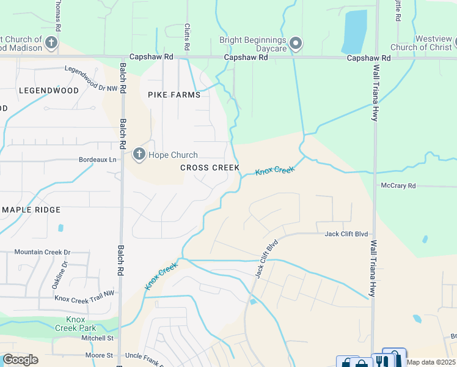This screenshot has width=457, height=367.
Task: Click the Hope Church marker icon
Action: click(139, 154)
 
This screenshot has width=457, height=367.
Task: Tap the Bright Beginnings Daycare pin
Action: click(296, 43)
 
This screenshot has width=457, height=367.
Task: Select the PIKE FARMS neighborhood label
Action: click(174, 95)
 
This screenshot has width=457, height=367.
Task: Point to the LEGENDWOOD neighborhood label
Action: click(49, 91)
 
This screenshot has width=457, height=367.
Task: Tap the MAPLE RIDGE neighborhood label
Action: click(31, 210)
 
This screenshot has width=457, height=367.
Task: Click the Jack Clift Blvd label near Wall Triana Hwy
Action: click(346, 234)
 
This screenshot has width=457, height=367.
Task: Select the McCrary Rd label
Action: click(398, 185)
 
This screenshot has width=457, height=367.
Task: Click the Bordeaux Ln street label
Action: click(97, 160)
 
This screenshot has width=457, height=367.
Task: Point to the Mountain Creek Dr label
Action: click(43, 252)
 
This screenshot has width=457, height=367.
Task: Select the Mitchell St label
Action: click(98, 338)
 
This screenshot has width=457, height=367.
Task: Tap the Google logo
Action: click(20, 360)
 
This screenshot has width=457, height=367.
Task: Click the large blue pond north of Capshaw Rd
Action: click(354, 31)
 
